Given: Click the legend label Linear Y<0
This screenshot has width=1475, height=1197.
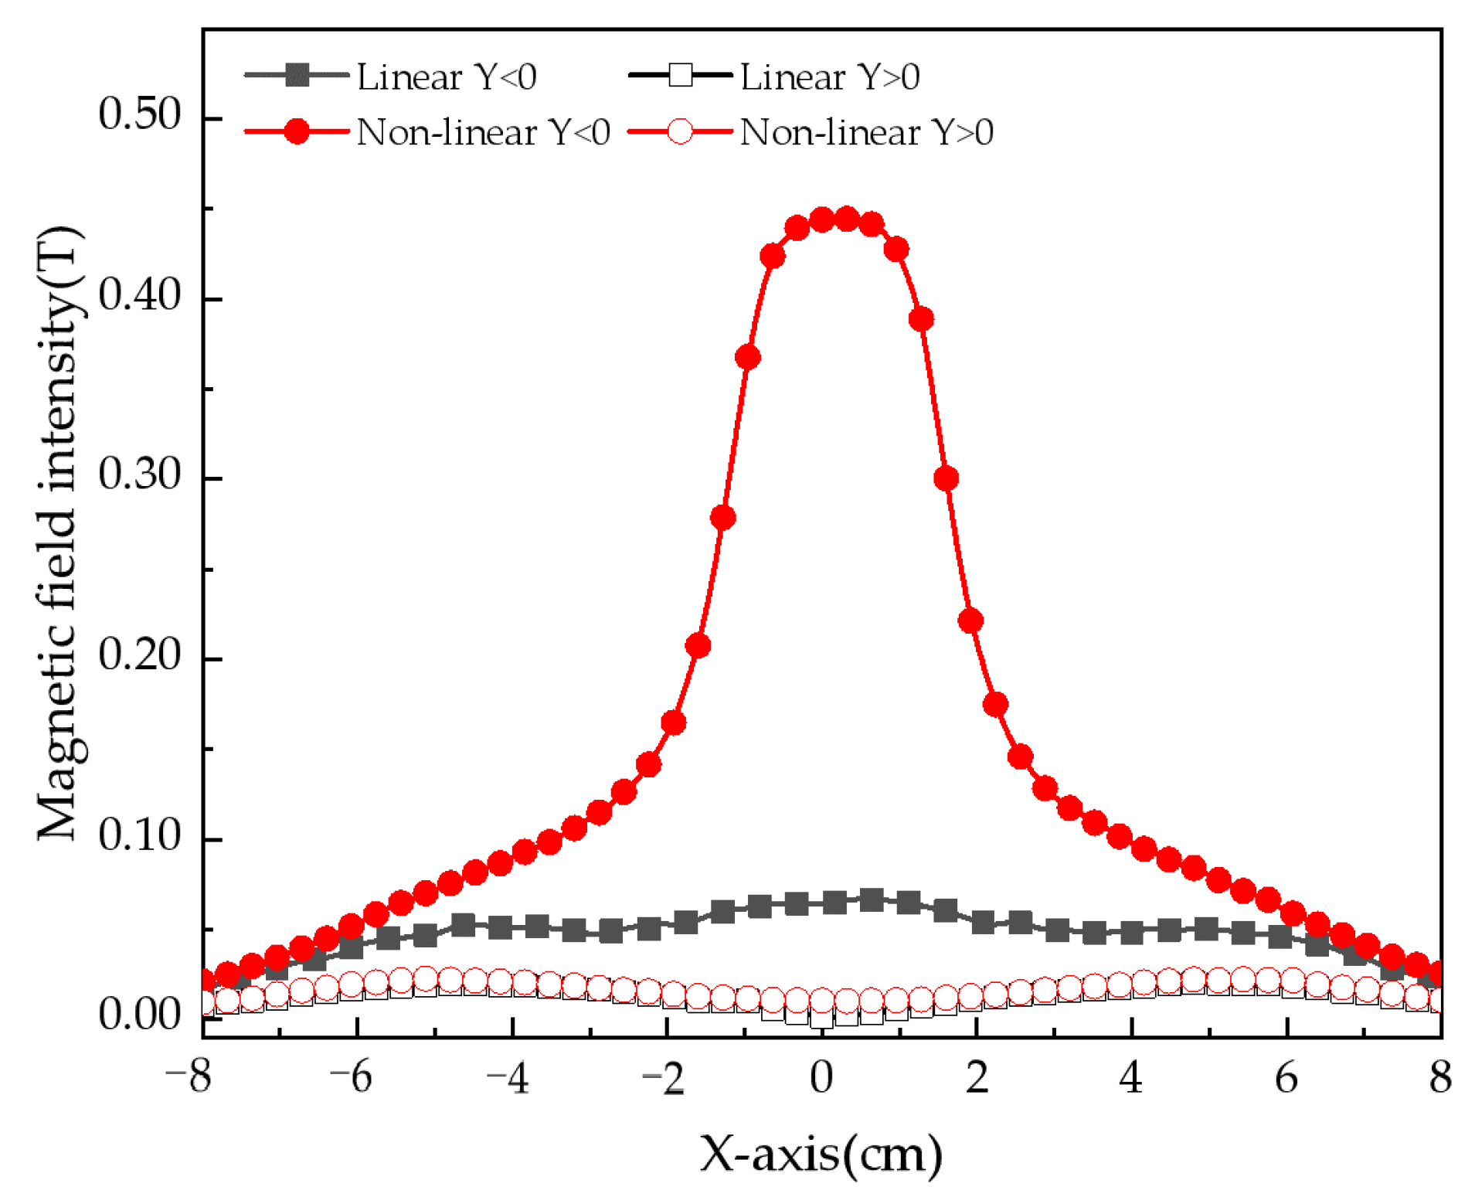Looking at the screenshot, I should [447, 77].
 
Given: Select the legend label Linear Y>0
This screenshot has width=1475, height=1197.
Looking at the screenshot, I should [830, 77].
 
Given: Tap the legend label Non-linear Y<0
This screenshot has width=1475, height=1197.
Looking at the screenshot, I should [483, 132].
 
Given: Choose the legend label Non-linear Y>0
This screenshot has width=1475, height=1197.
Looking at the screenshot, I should [866, 132].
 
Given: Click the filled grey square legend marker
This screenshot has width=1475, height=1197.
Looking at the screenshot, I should [297, 76].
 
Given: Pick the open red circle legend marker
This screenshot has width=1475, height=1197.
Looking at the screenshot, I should [680, 131].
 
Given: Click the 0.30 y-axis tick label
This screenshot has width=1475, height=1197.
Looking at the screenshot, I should [139, 474].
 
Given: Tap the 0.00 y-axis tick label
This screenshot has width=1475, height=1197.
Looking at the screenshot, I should [139, 1014].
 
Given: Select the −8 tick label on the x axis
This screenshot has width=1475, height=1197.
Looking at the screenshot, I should [189, 1076].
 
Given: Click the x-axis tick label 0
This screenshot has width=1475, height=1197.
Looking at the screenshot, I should [821, 1076].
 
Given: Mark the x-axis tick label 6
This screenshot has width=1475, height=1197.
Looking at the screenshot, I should [1286, 1076].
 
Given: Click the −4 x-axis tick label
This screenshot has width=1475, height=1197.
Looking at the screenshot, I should [508, 1076].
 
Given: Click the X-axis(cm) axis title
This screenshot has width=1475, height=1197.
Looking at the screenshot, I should [821, 1154].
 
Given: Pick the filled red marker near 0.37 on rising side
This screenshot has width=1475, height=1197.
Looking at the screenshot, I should [747, 357].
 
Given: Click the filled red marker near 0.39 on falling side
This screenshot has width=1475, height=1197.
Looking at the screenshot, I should [921, 318].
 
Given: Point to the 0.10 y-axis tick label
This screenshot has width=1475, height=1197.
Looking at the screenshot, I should [139, 835].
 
